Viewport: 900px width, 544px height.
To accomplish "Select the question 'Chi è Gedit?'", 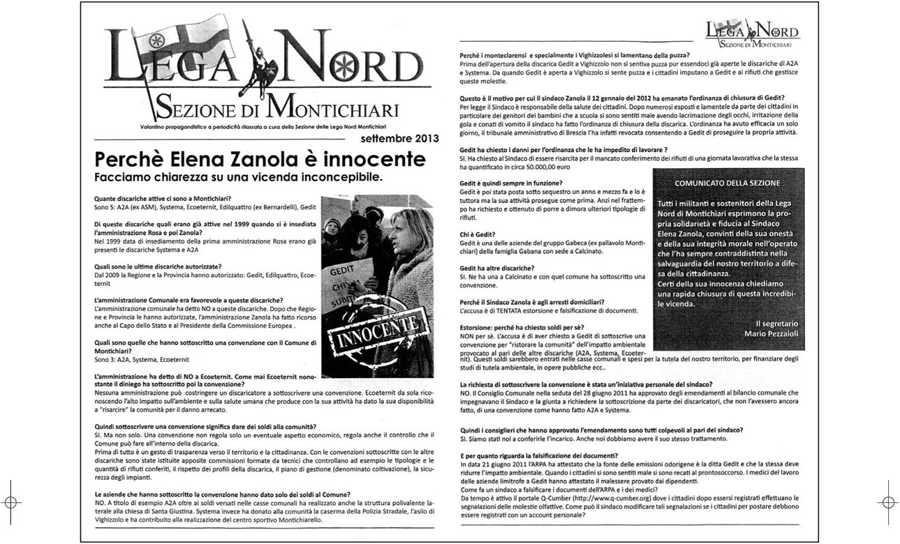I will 478,234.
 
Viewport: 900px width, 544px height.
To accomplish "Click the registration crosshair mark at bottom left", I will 11,501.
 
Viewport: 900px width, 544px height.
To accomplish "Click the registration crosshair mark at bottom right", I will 888,501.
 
